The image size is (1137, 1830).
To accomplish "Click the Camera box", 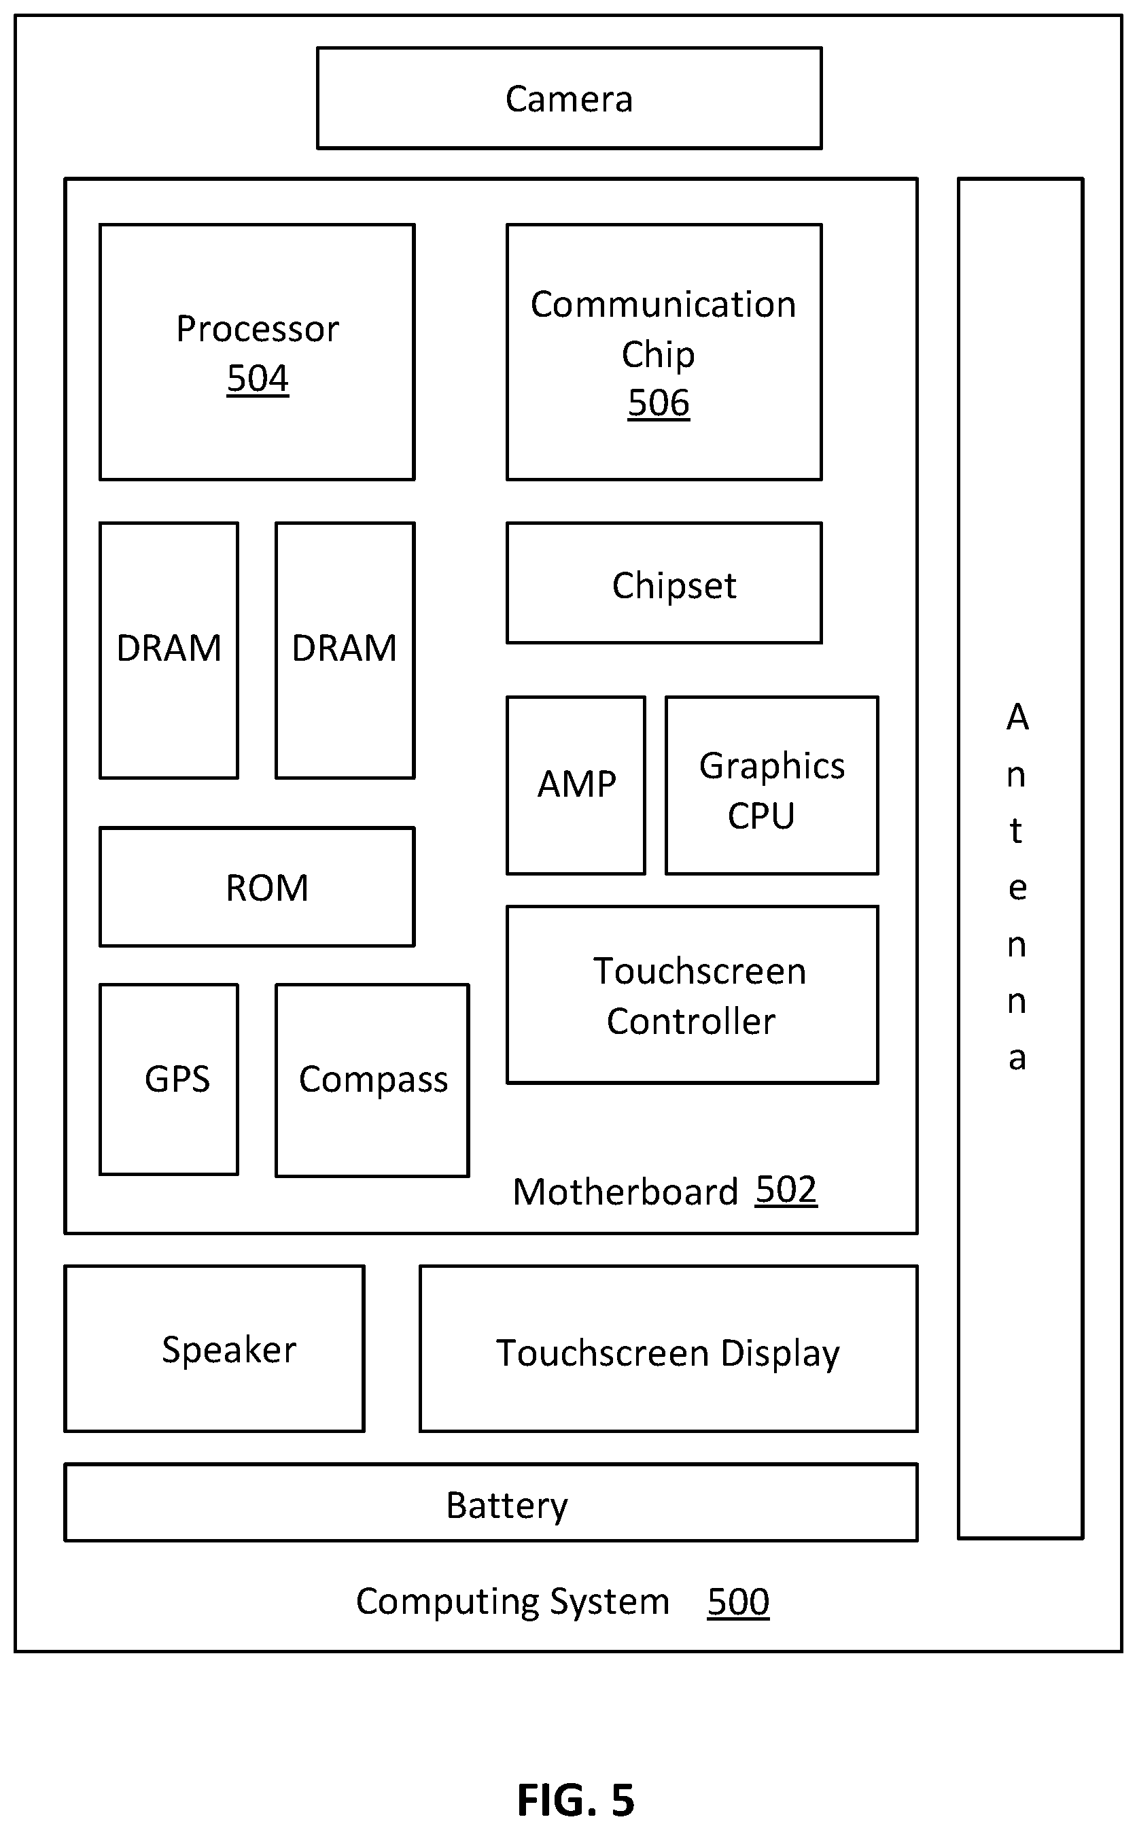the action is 570,98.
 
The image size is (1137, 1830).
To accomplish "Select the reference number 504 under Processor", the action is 257,379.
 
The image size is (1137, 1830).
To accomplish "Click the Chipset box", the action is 664,583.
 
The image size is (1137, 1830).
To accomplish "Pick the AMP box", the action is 576,785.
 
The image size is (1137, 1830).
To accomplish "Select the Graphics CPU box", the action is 771,785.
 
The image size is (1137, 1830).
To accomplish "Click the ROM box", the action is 257,887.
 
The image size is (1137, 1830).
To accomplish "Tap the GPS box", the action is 169,1080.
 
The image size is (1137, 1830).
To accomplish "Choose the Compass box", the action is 372,1080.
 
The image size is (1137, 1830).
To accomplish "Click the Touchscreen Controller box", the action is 692,995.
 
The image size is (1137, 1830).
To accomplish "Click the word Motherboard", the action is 626,1192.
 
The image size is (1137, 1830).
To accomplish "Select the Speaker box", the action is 214,1349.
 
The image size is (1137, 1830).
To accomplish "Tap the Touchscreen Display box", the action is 669,1349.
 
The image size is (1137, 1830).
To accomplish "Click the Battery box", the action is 491,1502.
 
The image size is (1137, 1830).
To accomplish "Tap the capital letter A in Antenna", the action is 1017,717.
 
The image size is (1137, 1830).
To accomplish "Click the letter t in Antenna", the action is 1016,831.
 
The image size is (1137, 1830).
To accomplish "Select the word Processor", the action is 257,329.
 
